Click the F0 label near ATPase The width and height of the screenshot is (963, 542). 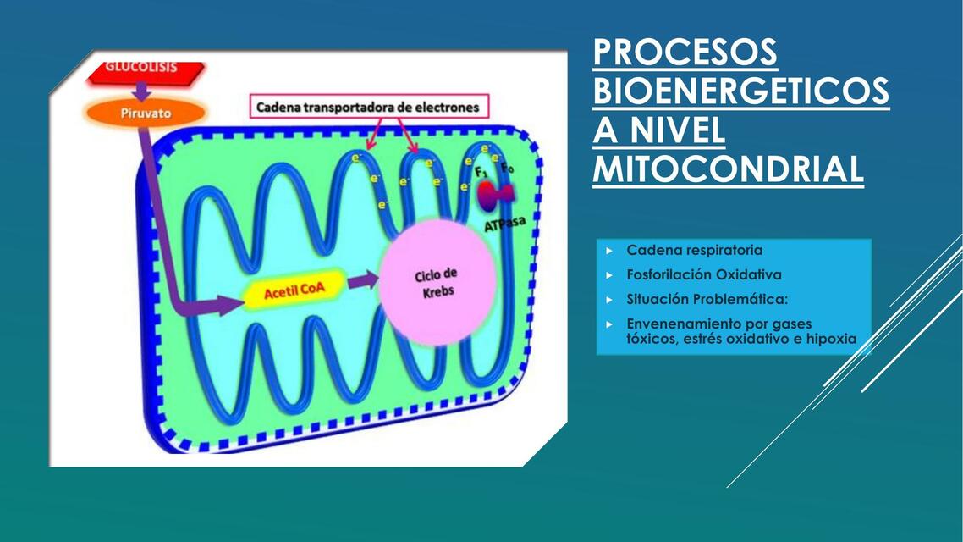507,169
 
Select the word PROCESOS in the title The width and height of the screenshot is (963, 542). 685,53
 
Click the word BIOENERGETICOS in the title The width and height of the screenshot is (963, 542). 740,91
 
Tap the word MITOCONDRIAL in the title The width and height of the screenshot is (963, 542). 728,169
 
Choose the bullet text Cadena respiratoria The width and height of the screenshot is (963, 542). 694,251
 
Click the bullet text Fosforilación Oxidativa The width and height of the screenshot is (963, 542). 703,275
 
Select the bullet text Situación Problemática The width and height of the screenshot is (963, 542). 707,300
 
